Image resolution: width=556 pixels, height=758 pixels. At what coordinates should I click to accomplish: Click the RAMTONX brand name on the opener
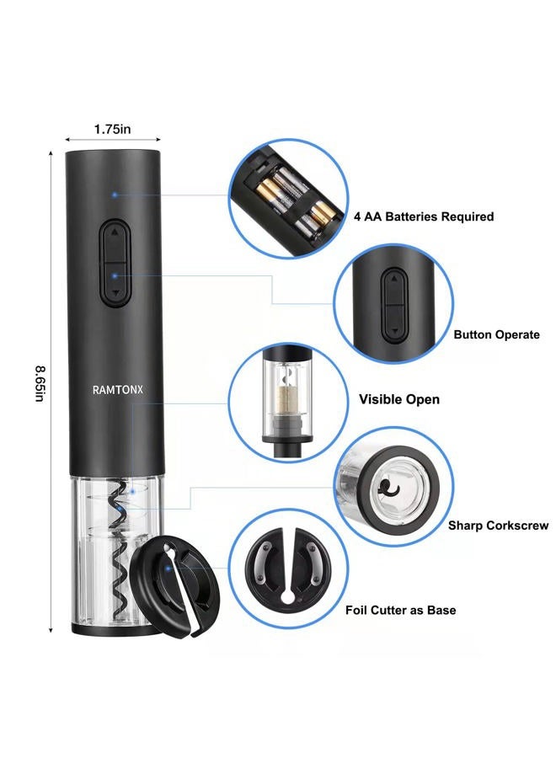[117, 390]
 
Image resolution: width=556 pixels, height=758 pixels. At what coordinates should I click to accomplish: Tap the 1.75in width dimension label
[112, 129]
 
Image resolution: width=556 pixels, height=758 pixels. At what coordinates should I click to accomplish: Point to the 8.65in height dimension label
[40, 384]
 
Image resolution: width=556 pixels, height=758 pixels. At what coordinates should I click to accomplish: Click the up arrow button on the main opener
[115, 242]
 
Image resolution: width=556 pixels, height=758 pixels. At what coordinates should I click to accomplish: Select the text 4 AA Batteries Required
[424, 216]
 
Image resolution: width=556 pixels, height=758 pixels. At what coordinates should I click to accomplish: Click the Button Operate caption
[496, 334]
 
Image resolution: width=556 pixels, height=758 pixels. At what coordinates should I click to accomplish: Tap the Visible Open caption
[398, 399]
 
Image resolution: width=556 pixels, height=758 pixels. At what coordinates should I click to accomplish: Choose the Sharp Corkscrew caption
[498, 526]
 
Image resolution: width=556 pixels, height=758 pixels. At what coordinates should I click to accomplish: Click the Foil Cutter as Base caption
[400, 610]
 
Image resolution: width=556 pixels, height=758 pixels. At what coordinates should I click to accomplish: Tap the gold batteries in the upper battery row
[270, 191]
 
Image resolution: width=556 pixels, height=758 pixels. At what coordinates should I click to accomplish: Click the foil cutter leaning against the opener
[175, 585]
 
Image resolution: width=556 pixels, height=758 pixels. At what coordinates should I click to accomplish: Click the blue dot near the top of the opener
[115, 195]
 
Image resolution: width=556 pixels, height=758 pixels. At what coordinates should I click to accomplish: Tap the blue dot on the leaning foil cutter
[168, 568]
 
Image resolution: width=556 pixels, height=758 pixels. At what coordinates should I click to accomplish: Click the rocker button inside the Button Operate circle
[394, 306]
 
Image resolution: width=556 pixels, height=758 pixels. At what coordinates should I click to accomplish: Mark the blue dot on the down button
[115, 276]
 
